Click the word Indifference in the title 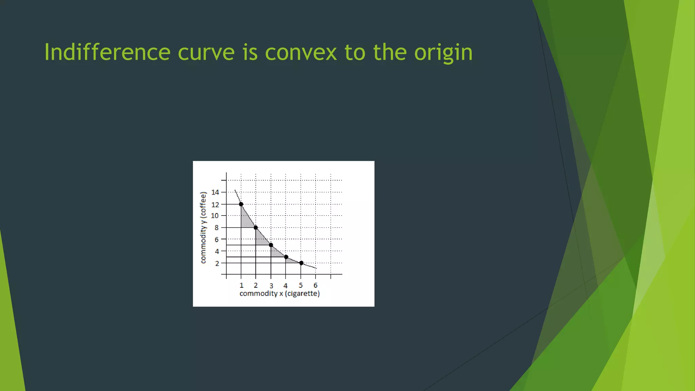pos(107,52)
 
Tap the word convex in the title pos(301,53)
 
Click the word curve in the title pos(206,53)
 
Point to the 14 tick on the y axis pos(215,192)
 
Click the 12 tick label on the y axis pos(215,204)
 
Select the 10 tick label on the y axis pos(215,216)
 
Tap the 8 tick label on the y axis pos(217,228)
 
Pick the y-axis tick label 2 pos(217,263)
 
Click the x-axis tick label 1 pos(241,285)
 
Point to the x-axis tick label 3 pos(271,286)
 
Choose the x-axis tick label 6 pos(315,285)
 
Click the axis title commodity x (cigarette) pos(279,294)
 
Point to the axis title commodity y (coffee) pos(203,227)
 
